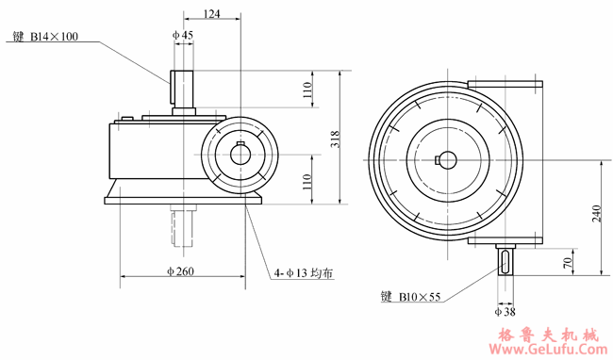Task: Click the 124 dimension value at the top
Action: tap(211, 13)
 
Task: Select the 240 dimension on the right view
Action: tap(596, 215)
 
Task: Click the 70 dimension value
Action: tap(567, 261)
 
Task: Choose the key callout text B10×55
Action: tap(411, 295)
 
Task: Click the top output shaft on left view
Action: tap(182, 90)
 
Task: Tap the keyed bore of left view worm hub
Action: tap(242, 154)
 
